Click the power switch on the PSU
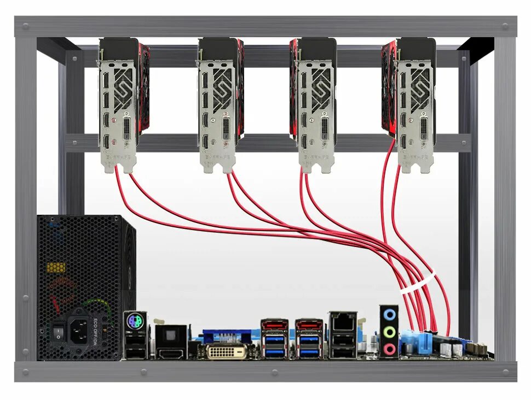pyautogui.click(x=58, y=330)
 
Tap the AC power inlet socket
pyautogui.click(x=81, y=330)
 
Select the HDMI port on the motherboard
pyautogui.click(x=171, y=350)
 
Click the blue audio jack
pyautogui.click(x=389, y=315)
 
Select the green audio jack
pyautogui.click(x=389, y=332)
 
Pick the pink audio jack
pyautogui.click(x=389, y=349)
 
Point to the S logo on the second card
pyautogui.click(x=222, y=87)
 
